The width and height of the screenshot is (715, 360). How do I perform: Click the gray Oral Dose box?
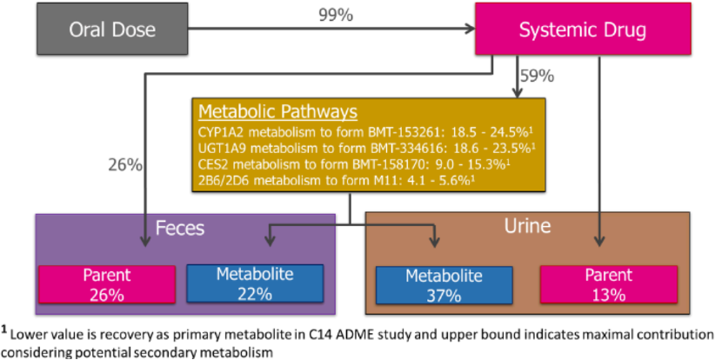click(112, 30)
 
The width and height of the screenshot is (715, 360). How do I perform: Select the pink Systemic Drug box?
click(583, 30)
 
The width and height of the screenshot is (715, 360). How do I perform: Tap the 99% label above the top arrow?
click(336, 15)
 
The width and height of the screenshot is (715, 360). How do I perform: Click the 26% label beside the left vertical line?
click(125, 165)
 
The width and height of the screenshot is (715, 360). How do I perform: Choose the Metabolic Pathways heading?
click(278, 111)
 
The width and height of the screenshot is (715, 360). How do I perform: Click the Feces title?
click(180, 228)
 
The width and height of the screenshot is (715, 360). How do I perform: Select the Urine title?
click(527, 226)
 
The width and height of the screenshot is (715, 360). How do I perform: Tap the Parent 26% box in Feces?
click(107, 284)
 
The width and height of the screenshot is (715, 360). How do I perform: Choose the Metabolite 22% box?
click(255, 283)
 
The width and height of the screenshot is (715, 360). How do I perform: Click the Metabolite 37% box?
click(444, 285)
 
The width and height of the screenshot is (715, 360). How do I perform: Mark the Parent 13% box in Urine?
click(609, 285)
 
